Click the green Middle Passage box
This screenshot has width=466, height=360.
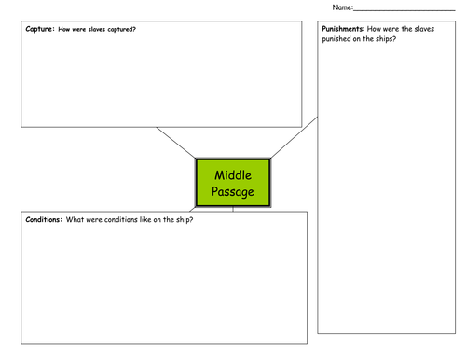pos(233,183)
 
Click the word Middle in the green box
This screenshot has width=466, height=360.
pos(233,175)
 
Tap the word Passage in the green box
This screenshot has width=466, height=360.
pos(233,192)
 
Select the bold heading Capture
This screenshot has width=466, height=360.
pos(40,29)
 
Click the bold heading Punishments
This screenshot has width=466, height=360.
pos(342,29)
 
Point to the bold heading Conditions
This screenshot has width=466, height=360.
pos(44,219)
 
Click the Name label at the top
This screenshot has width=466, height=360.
pos(343,7)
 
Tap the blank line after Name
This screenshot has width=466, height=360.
pos(404,10)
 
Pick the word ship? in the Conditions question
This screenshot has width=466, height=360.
pos(185,220)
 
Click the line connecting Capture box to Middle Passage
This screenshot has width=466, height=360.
pos(176,143)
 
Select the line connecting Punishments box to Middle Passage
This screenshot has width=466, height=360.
pos(295,137)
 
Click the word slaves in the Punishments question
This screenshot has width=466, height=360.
pos(424,29)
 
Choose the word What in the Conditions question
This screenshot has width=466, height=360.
pos(75,219)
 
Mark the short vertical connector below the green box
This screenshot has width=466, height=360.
pos(233,209)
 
